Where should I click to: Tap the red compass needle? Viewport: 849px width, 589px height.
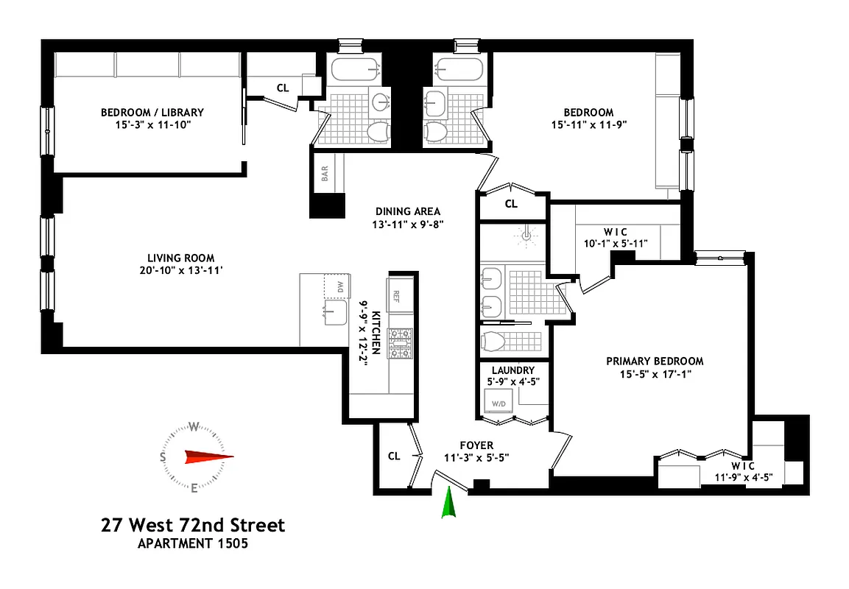pyautogui.click(x=208, y=456)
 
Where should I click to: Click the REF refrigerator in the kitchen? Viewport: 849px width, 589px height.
pyautogui.click(x=396, y=296)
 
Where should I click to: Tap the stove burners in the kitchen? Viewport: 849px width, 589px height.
pyautogui.click(x=401, y=342)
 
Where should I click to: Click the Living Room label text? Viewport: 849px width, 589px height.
pyautogui.click(x=180, y=258)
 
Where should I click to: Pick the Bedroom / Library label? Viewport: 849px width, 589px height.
pyautogui.click(x=152, y=113)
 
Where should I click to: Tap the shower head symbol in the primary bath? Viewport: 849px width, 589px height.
pyautogui.click(x=525, y=234)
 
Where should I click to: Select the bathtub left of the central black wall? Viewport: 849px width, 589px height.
pyautogui.click(x=356, y=71)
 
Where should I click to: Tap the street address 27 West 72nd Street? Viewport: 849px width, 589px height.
pyautogui.click(x=192, y=526)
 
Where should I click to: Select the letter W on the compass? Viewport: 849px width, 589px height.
pyautogui.click(x=194, y=426)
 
